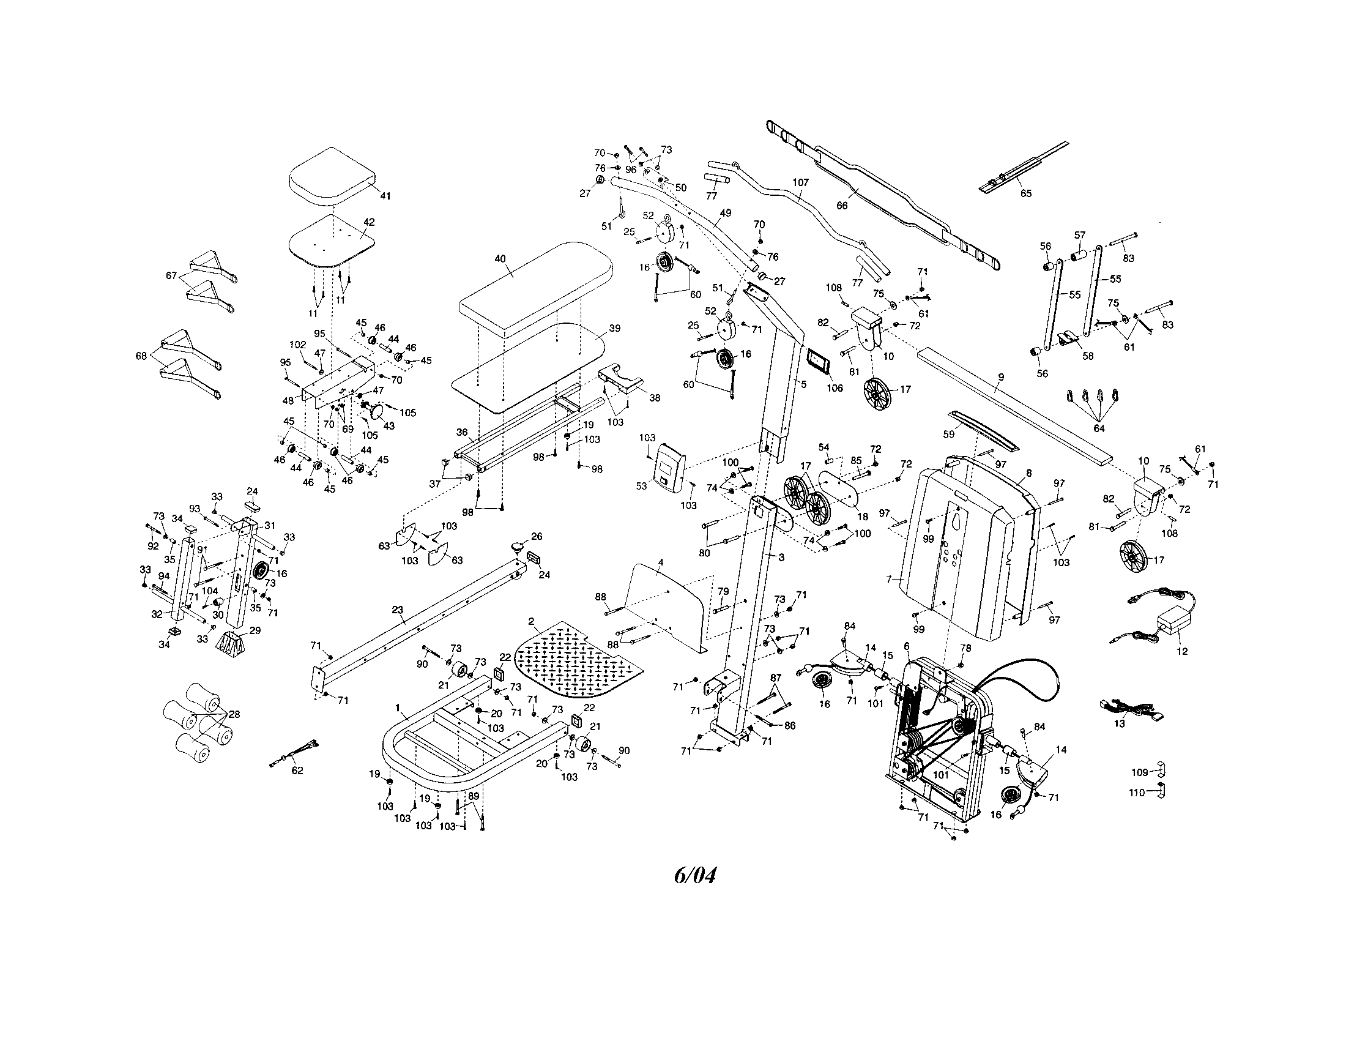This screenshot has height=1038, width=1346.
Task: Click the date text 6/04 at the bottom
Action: [x=695, y=875]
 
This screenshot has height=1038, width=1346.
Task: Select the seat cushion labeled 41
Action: [x=331, y=173]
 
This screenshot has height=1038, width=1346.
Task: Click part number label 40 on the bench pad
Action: [x=500, y=259]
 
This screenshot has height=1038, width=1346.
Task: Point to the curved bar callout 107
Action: [x=801, y=183]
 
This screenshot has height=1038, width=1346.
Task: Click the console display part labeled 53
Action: [x=669, y=466]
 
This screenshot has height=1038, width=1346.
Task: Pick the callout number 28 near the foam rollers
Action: [x=234, y=714]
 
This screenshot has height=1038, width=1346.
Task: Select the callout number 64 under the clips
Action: [x=1099, y=428]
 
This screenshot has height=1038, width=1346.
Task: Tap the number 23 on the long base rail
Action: [x=398, y=610]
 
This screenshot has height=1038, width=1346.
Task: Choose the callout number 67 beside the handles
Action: [x=172, y=275]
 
